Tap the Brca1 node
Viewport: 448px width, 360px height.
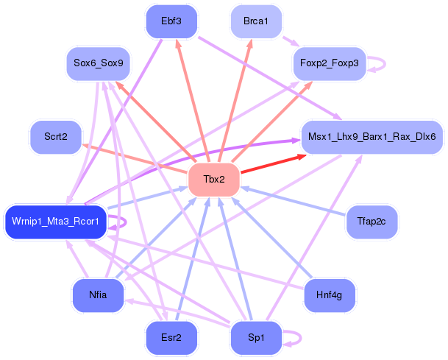click(255, 21)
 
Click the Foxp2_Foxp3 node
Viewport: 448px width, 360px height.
click(329, 63)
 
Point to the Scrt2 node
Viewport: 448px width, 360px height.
click(56, 137)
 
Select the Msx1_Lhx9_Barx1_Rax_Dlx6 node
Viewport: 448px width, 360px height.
click(372, 137)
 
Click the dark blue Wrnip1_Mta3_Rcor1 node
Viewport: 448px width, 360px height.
click(56, 221)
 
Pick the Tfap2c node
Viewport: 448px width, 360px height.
click(372, 221)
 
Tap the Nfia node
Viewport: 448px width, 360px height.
click(98, 295)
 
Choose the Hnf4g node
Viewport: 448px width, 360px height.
click(329, 295)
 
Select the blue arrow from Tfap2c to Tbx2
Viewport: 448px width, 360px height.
click(294, 202)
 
